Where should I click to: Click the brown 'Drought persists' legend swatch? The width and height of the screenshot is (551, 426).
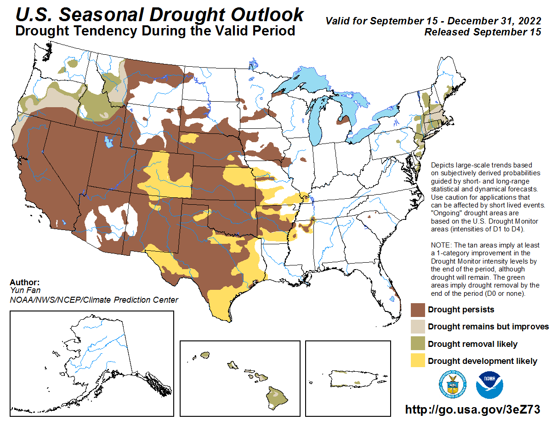point(418,310)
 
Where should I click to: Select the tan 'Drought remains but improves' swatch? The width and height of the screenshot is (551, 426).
point(418,327)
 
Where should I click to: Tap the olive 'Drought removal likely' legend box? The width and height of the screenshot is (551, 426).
point(418,344)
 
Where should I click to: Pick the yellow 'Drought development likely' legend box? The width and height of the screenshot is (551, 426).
point(418,361)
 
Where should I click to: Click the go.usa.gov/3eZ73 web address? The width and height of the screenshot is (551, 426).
point(472,409)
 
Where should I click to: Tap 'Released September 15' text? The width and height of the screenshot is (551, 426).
point(483,32)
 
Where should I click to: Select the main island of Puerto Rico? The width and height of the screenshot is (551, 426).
point(348,377)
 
